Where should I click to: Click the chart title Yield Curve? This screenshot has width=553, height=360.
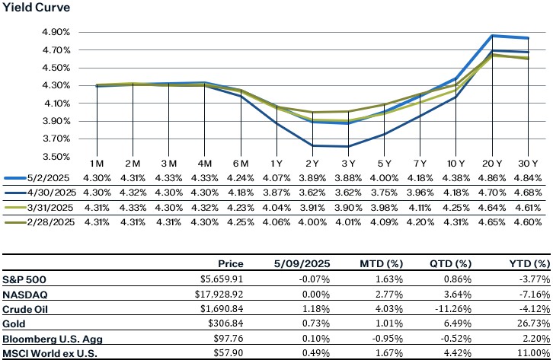tap(35, 9)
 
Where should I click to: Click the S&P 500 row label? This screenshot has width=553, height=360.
tap(24, 279)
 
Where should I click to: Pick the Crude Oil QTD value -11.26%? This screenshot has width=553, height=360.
tap(450, 307)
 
